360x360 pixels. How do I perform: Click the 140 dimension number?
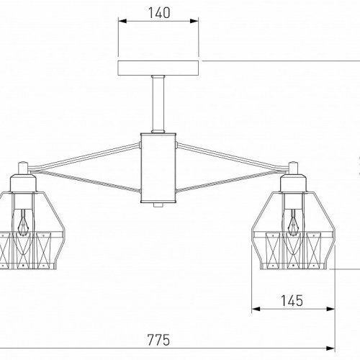click(x=158, y=12)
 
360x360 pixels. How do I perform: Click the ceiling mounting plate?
click(x=158, y=68)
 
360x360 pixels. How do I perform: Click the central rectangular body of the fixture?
click(x=158, y=168)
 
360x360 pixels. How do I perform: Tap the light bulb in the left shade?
click(x=23, y=221)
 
